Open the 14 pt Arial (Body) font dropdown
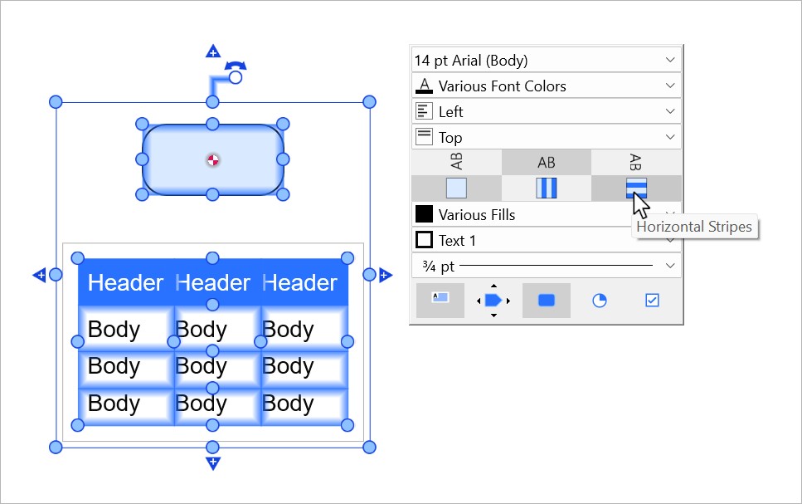click(x=546, y=60)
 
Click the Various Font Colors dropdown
click(x=546, y=86)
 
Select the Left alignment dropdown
click(x=546, y=111)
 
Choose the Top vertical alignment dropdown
click(x=546, y=137)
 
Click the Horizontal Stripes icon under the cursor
click(x=636, y=188)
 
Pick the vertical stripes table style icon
click(x=546, y=188)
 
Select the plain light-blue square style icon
click(x=456, y=188)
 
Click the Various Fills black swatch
click(x=424, y=214)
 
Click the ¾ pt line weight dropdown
click(x=546, y=266)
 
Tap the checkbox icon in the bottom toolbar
click(x=652, y=301)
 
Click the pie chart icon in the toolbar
click(x=599, y=301)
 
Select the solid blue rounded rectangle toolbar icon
click(x=546, y=301)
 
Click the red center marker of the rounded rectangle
click(x=213, y=159)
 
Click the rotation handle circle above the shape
click(x=235, y=77)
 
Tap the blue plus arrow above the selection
click(x=213, y=51)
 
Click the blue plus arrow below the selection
click(x=213, y=463)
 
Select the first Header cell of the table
click(x=125, y=283)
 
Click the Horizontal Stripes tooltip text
click(x=694, y=226)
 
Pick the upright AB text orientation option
click(x=546, y=162)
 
